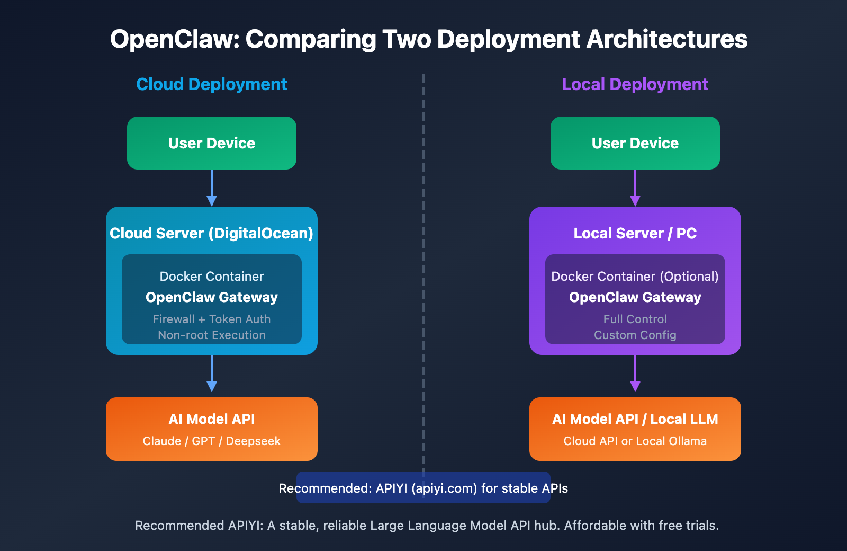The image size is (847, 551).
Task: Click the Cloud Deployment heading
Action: (x=211, y=84)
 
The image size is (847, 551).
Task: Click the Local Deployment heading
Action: (x=635, y=84)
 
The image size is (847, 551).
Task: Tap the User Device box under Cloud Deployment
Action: (x=212, y=143)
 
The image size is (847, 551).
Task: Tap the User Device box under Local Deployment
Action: (x=635, y=143)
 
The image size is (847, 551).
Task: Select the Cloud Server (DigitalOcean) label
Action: (x=211, y=233)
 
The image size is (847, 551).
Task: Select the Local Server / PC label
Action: (x=635, y=233)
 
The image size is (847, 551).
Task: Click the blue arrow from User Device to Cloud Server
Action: (x=212, y=188)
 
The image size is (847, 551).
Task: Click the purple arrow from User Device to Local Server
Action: (x=635, y=188)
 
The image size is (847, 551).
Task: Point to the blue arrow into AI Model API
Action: (x=212, y=374)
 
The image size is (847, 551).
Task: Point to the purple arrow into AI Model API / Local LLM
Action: (x=635, y=374)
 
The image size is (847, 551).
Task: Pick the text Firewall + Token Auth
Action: (x=212, y=319)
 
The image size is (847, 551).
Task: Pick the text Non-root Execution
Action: (x=212, y=335)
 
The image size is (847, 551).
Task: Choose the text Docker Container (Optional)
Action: (x=635, y=277)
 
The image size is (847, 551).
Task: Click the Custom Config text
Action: (x=635, y=335)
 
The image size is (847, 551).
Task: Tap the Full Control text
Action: (x=635, y=319)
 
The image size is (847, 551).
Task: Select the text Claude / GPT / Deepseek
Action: (x=212, y=441)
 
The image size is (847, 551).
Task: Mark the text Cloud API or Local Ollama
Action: (x=635, y=441)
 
